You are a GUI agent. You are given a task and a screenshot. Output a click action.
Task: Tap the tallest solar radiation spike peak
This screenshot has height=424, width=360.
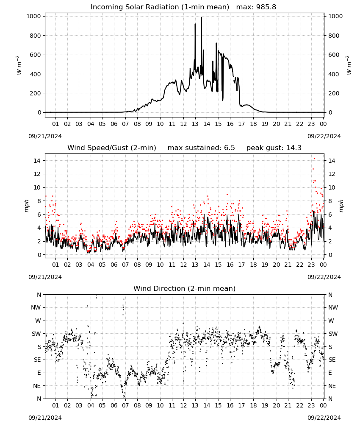point(202,17)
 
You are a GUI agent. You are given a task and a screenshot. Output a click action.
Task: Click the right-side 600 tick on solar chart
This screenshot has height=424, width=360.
point(334,55)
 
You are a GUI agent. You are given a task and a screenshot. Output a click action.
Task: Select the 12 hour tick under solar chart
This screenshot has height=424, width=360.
point(183,124)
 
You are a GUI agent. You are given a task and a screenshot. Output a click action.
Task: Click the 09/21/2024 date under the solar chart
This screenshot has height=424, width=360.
point(45,136)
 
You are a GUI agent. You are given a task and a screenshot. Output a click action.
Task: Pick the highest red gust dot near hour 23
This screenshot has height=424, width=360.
point(314,159)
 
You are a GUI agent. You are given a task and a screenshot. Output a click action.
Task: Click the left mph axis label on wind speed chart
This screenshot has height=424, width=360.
point(26,206)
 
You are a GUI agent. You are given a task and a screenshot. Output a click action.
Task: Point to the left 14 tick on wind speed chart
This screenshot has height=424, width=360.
point(37,161)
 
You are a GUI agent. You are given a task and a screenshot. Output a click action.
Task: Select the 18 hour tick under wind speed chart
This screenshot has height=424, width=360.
point(253,265)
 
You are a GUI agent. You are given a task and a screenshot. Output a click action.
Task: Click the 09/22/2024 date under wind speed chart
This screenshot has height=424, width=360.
point(324,277)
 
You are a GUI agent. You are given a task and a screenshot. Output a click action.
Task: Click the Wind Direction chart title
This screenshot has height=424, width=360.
point(185,288)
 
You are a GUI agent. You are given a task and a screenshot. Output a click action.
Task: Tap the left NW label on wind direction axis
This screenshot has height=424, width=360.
point(36,307)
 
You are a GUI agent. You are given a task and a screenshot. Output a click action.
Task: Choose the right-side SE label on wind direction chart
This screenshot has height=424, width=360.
point(332,360)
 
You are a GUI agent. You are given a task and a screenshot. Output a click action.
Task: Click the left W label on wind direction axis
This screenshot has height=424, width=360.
point(38,321)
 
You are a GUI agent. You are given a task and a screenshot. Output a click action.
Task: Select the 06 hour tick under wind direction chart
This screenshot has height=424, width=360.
point(114,405)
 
